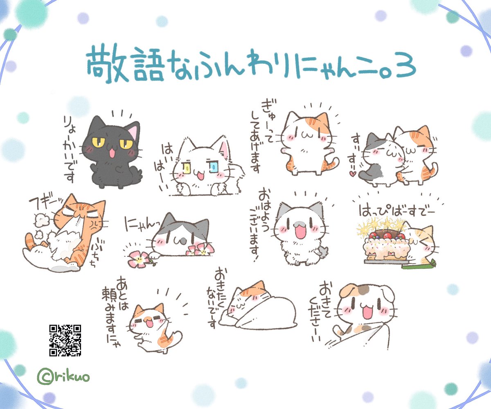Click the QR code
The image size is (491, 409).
coord(65,340)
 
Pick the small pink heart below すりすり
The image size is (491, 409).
coord(351,173)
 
